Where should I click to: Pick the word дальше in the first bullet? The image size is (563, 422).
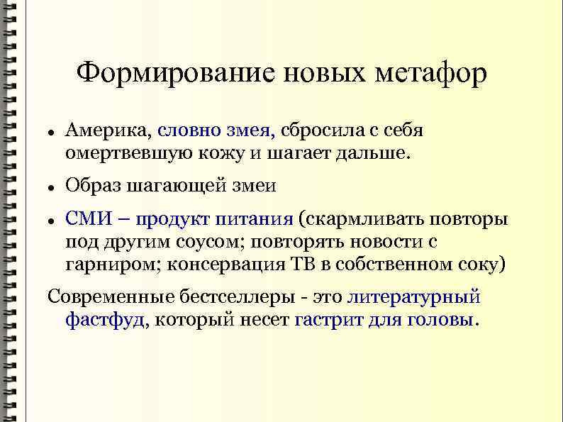click(375, 152)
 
